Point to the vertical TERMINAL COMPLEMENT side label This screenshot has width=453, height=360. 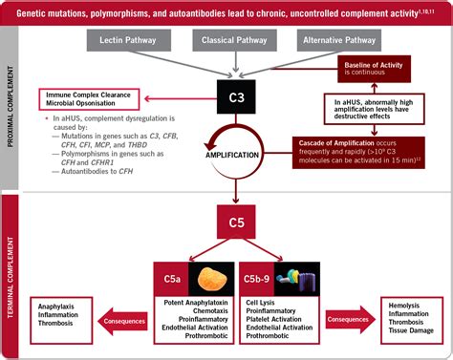click(11, 277)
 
